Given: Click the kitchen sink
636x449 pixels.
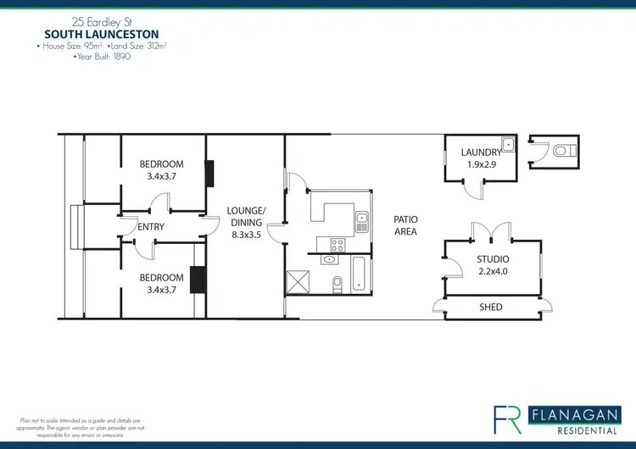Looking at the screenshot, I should click(362, 222).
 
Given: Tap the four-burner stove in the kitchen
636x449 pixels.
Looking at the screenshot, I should click(336, 246).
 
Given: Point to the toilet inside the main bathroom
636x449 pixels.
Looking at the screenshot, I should click(338, 282).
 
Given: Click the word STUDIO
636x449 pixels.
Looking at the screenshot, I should click(491, 259).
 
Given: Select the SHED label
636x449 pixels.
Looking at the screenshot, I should click(491, 307).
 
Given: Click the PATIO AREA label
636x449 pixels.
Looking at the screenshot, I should click(405, 225).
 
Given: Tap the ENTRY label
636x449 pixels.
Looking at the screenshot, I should click(150, 227).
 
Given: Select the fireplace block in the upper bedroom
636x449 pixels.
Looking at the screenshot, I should click(209, 173).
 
